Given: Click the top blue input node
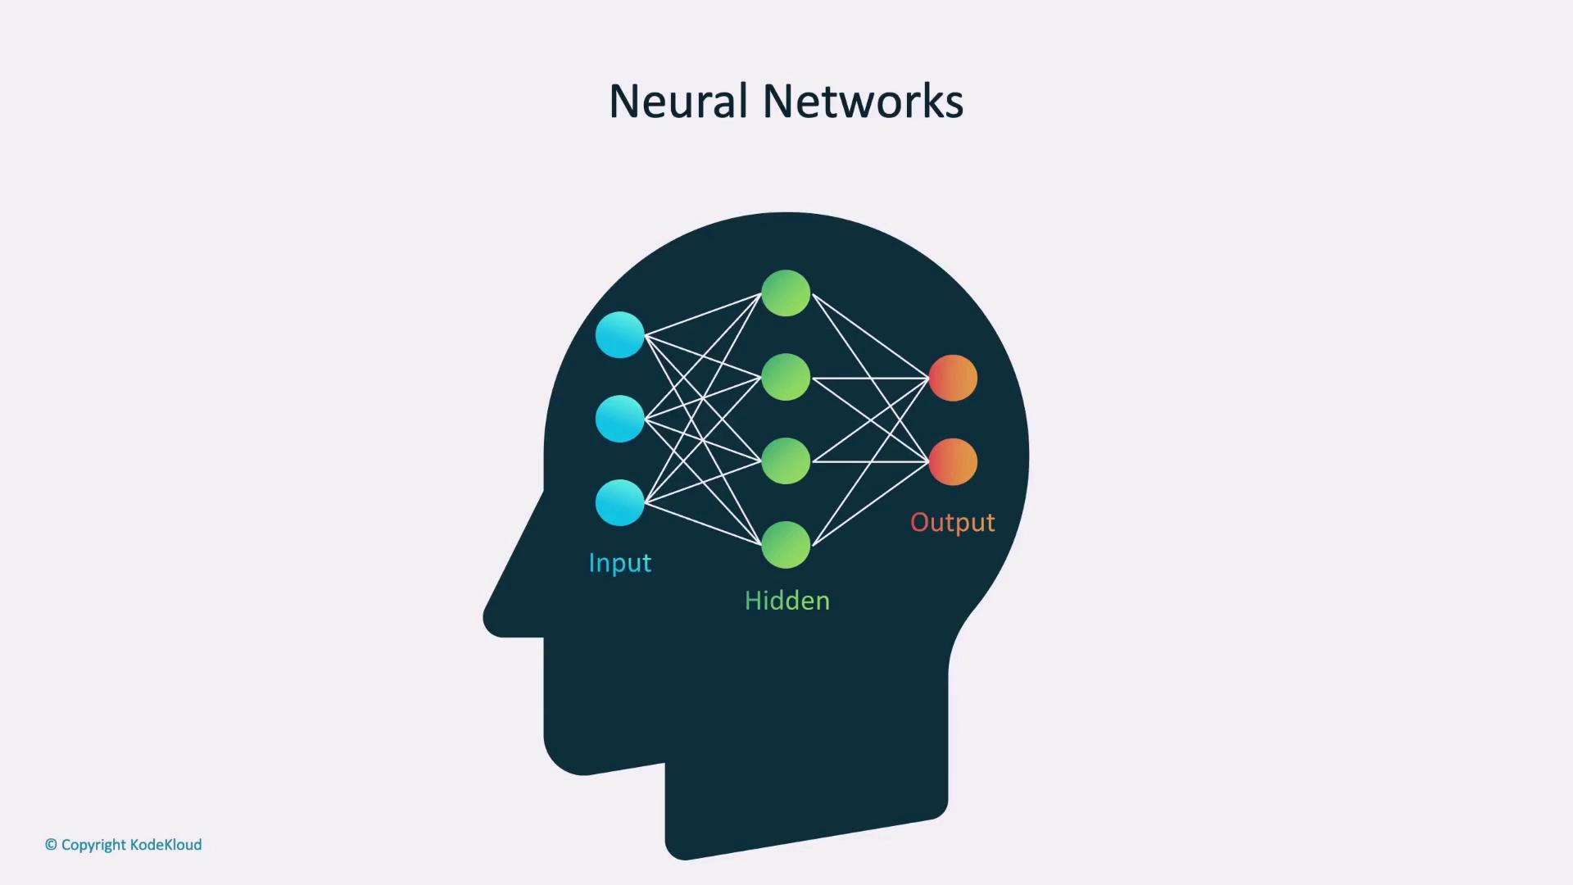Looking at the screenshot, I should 619,334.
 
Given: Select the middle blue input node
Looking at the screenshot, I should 619,419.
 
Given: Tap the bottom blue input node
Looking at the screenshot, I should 619,502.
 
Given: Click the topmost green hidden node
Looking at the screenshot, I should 786,293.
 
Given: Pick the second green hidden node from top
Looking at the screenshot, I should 786,377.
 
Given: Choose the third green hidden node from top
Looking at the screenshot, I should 786,461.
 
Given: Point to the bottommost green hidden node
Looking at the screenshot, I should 786,545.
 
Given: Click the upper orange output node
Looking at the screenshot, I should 953,378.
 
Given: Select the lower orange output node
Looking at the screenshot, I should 953,461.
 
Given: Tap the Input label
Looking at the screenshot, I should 620,563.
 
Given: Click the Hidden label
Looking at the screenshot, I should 786,601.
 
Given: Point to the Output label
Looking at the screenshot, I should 953,523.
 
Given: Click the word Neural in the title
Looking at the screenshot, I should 678,102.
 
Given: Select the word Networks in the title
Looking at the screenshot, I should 863,102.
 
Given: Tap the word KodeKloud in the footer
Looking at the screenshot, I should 165,845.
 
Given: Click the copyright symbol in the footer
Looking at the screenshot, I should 51,845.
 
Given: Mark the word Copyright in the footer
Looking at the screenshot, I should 93,846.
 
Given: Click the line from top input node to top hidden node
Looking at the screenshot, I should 703,314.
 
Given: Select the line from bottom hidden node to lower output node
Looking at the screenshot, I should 870,503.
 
